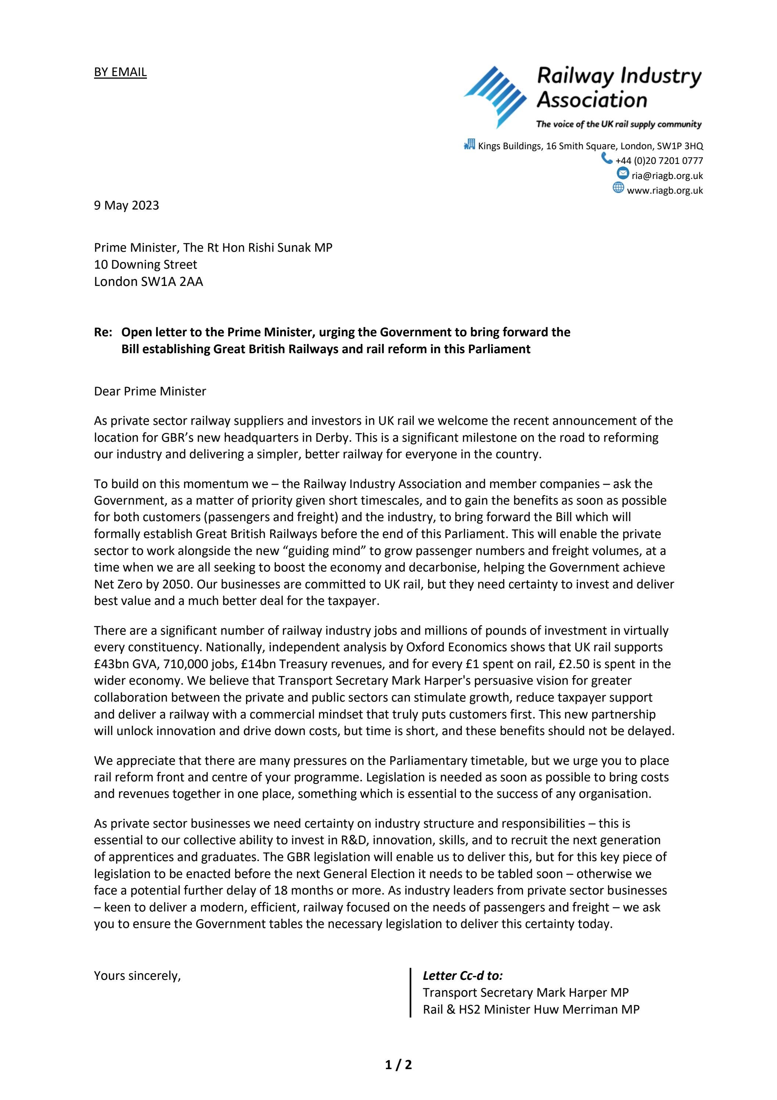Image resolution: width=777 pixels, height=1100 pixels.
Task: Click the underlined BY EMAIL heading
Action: (120, 72)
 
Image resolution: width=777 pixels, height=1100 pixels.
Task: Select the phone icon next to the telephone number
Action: (607, 158)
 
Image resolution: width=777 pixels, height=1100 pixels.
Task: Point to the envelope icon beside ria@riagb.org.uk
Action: (623, 174)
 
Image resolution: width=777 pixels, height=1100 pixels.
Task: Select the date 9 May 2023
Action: (126, 205)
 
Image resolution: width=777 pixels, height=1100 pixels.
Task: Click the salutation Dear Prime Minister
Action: (150, 391)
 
